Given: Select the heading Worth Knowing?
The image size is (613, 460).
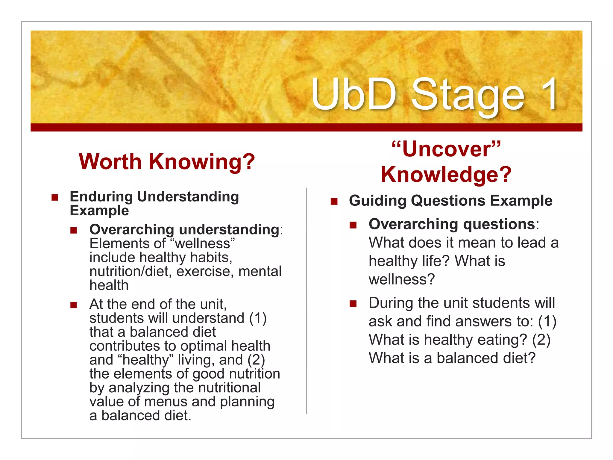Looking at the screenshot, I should point(167,162).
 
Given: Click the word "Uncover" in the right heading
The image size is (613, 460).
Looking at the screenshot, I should point(446,149).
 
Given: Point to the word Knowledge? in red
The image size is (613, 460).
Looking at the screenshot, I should point(446,175).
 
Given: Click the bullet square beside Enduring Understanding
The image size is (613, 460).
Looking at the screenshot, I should point(54,197).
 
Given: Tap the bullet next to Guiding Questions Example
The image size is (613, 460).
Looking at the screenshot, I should point(334,201).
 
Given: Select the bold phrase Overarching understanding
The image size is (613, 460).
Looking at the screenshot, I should point(184,230).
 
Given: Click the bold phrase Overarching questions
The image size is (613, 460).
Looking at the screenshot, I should point(452,224).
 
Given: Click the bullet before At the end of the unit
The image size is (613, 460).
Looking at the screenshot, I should point(74,305).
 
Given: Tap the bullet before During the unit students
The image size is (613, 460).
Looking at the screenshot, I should point(353,304).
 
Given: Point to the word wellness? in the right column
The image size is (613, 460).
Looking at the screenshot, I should point(401,279).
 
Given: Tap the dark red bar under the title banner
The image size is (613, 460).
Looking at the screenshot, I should point(306,127).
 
